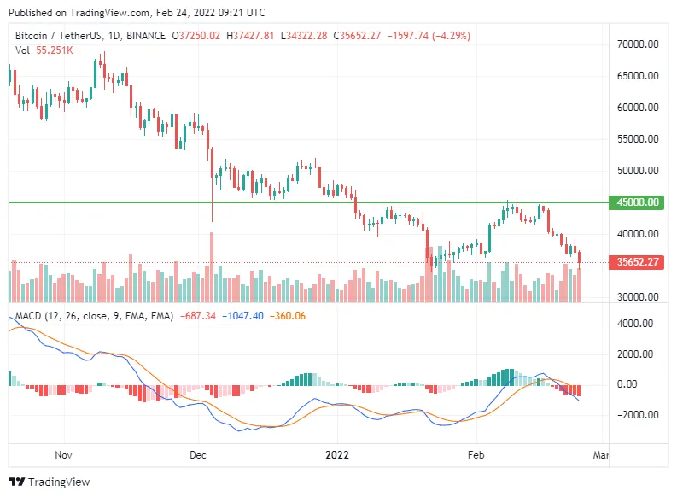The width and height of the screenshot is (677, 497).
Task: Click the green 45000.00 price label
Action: pyautogui.click(x=636, y=202)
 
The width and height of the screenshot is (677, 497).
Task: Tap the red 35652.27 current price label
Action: pyautogui.click(x=636, y=262)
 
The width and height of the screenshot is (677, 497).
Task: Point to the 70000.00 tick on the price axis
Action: pyautogui.click(x=638, y=44)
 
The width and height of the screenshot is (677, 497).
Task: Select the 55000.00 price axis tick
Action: pyautogui.click(x=638, y=139)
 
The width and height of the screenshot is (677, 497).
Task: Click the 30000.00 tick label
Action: pyautogui.click(x=638, y=297)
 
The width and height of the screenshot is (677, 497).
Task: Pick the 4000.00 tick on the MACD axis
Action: pyautogui.click(x=635, y=324)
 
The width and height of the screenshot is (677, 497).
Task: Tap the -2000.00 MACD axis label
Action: pyautogui.click(x=638, y=415)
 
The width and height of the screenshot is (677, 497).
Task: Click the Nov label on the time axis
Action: pyautogui.click(x=63, y=455)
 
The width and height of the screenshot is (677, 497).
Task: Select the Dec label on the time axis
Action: pyautogui.click(x=198, y=455)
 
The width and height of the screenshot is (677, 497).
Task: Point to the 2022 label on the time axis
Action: pyautogui.click(x=337, y=455)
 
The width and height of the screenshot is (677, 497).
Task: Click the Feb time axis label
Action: pyautogui.click(x=476, y=455)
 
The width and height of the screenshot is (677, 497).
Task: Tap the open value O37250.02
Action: pyautogui.click(x=196, y=36)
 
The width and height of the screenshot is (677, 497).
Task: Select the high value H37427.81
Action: pyautogui.click(x=250, y=36)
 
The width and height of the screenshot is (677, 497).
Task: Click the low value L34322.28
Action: pyautogui.click(x=304, y=36)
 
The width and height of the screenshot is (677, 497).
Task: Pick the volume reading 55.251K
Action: pyautogui.click(x=55, y=50)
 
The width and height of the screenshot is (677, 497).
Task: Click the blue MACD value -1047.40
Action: pyautogui.click(x=242, y=316)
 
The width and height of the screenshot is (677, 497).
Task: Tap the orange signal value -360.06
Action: pyautogui.click(x=288, y=316)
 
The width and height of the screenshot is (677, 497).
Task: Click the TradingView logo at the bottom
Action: pyautogui.click(x=50, y=482)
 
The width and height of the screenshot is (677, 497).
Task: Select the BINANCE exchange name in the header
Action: pyautogui.click(x=146, y=36)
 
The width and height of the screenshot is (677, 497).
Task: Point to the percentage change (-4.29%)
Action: pyautogui.click(x=452, y=36)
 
